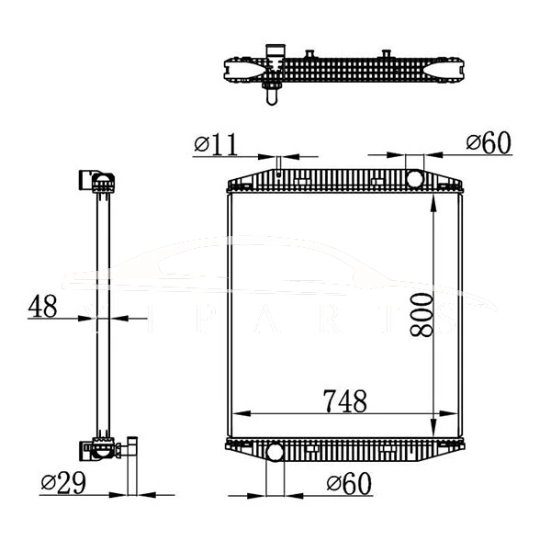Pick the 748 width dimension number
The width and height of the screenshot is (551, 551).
coord(343,401)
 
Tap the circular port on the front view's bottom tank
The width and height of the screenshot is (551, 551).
coord(274,452)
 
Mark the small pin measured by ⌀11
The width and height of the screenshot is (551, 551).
coord(276,166)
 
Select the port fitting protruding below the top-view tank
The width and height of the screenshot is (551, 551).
coord(271,89)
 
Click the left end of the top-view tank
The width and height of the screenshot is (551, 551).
coord(230,67)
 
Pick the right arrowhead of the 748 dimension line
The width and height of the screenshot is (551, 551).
coord(457,412)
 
